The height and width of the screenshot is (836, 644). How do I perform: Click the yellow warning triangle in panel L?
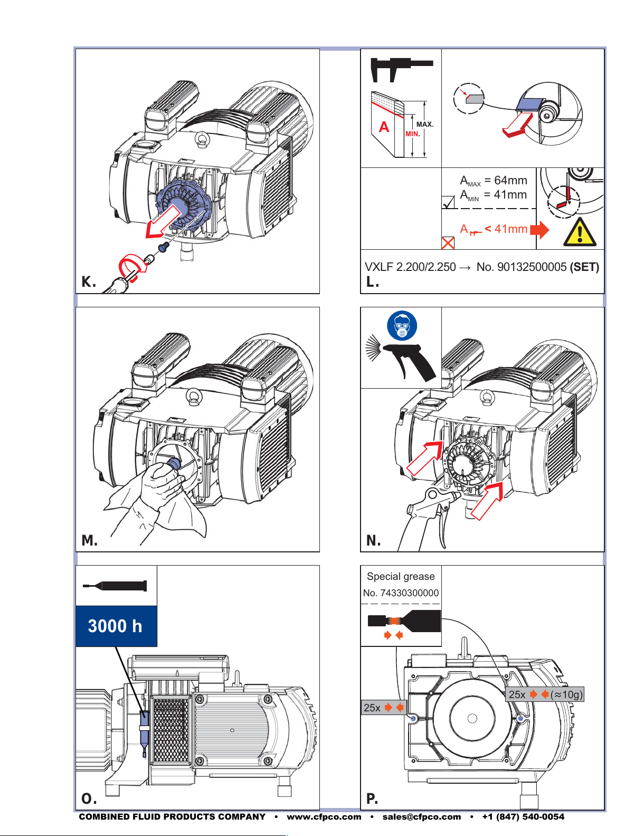pos(580,232)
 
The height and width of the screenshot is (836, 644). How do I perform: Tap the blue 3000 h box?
pos(116,626)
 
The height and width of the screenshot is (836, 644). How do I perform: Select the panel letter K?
pos(89,282)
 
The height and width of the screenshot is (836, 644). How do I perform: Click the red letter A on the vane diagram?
pos(384,127)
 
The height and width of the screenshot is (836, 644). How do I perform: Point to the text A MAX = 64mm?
pos(493,181)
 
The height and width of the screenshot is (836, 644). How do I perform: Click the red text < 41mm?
pos(506,229)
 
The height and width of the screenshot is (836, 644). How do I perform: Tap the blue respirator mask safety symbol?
pos(402,325)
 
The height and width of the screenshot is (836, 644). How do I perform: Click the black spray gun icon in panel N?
pos(401,358)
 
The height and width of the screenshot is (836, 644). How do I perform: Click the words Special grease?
pos(401,576)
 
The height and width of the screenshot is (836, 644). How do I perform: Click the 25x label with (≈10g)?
pos(545,694)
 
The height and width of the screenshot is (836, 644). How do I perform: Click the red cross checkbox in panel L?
pos(448,243)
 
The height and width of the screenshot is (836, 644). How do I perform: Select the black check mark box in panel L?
pos(448,202)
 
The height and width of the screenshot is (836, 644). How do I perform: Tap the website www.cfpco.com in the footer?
pos(324,817)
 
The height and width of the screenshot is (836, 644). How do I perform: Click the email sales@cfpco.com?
pos(421,817)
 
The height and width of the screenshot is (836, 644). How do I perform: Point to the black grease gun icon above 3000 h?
pos(115,586)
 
